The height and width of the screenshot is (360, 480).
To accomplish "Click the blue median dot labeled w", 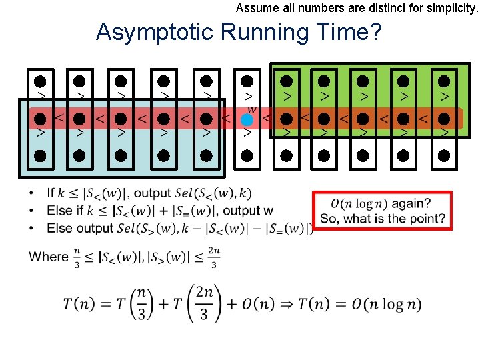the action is click(247, 120).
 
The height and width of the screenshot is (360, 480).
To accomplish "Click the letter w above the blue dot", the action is click(251, 109).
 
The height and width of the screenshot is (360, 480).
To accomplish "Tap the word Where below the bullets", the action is click(49, 257).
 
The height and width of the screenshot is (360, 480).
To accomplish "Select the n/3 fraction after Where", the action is click(77, 257).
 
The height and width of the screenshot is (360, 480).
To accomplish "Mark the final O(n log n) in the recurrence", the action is click(387, 305).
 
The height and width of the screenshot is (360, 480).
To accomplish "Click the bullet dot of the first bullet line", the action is click(31, 193).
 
